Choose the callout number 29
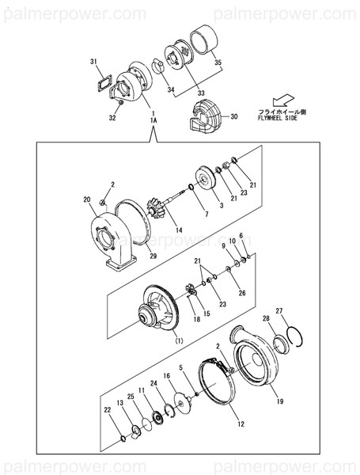(x=153, y=256)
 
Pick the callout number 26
(x=242, y=293)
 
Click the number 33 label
(x=200, y=94)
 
